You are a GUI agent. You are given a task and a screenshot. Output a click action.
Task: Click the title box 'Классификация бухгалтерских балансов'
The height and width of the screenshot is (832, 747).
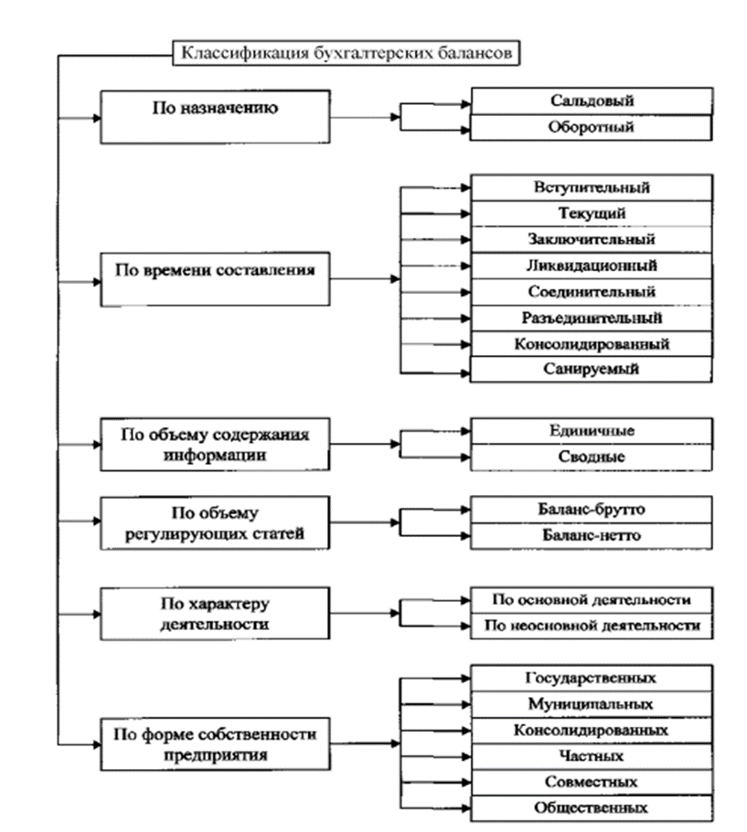346,53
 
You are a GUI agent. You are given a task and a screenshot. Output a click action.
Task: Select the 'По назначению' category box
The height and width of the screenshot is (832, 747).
215,117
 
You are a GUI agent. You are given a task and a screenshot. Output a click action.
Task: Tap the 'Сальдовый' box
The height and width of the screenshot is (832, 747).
592,100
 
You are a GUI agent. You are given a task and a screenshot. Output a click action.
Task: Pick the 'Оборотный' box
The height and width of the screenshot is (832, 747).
592,127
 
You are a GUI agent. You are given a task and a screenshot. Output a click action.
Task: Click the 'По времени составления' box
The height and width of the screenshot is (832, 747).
215,279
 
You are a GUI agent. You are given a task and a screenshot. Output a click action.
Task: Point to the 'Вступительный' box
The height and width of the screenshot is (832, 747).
592,188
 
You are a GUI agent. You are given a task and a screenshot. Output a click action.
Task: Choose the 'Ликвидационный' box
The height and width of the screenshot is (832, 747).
592,266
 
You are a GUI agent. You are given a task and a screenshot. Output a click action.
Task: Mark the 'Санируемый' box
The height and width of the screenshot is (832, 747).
592,369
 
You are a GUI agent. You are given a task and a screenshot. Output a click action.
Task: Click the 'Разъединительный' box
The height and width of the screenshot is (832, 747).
592,319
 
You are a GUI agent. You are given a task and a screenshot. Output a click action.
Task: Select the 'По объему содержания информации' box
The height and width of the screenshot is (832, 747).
215,444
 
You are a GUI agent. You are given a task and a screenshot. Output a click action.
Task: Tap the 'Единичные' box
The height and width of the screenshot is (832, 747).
592,431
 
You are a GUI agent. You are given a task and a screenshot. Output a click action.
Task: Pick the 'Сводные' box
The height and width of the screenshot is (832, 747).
592,457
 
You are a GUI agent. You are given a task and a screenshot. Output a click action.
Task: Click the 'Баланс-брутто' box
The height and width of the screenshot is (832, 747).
592,510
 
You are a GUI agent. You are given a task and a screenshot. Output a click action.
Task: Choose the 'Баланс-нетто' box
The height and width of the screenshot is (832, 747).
592,535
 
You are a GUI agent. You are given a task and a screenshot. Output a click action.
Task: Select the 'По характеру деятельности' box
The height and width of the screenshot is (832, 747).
215,614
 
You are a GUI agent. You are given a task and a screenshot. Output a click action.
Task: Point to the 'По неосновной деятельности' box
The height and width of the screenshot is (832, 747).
592,627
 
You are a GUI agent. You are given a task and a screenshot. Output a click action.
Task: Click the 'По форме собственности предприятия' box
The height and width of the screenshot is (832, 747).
215,744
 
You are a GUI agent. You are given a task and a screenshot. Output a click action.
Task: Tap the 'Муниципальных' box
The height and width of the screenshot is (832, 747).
592,705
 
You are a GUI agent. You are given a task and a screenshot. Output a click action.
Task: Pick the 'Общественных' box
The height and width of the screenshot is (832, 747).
592,808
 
